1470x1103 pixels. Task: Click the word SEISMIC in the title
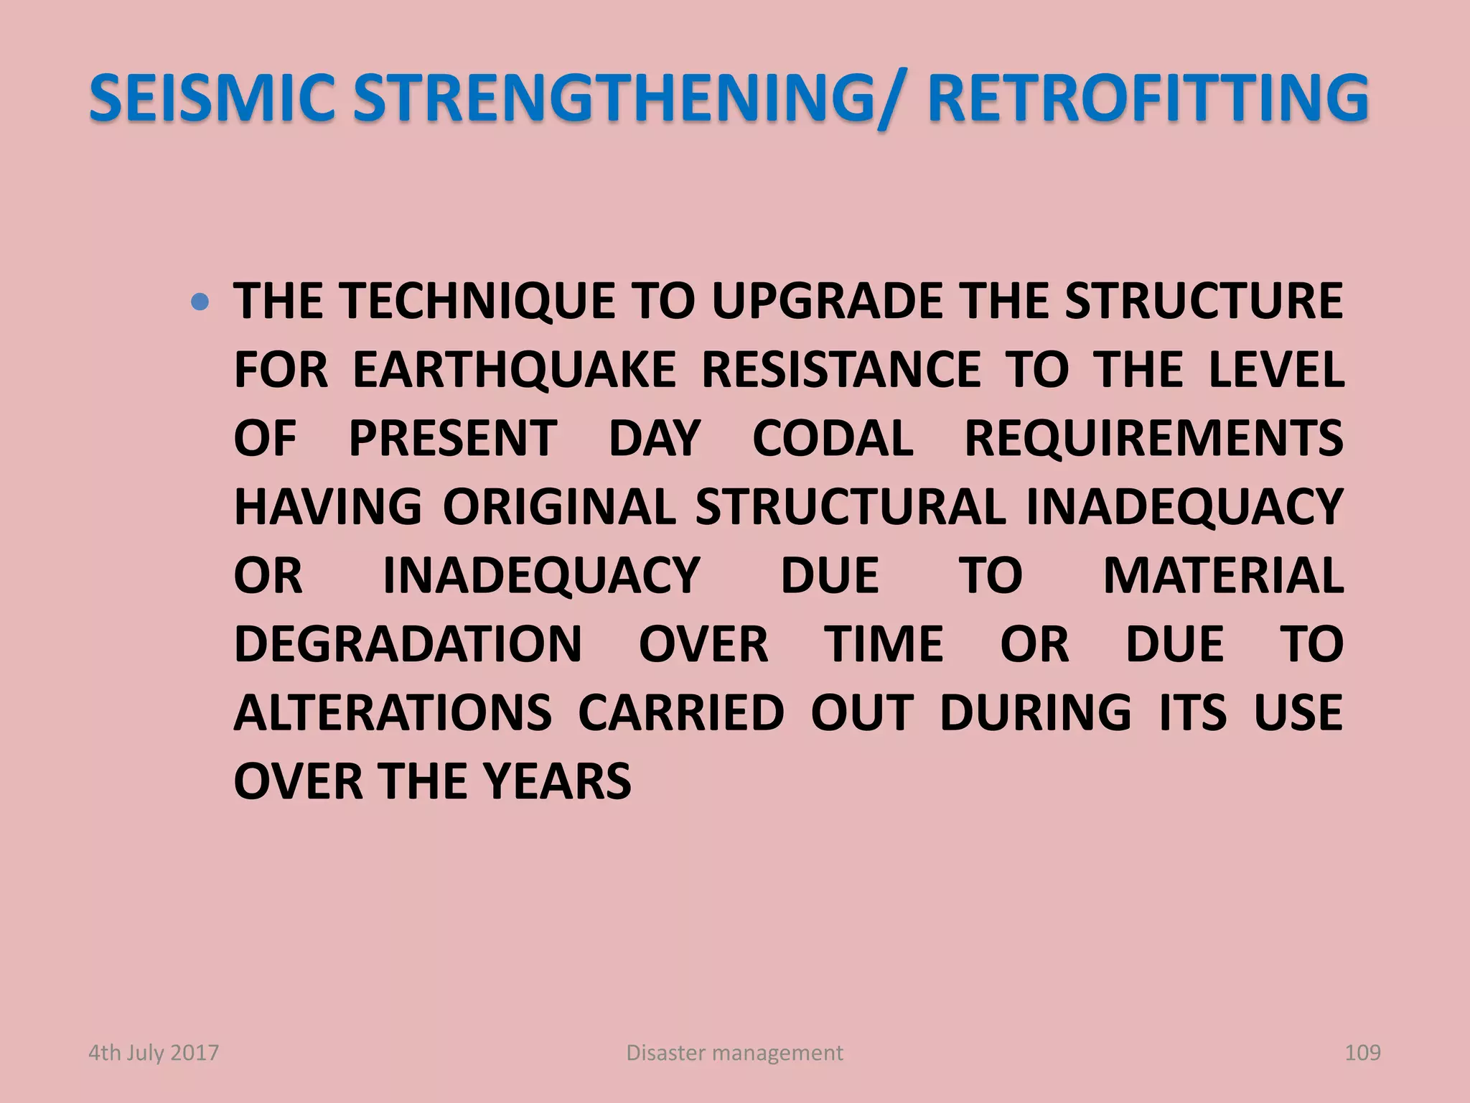click(x=212, y=98)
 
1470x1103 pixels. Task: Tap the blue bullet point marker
click(x=201, y=302)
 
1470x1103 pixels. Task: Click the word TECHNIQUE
click(x=478, y=302)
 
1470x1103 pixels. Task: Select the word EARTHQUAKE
click(x=514, y=370)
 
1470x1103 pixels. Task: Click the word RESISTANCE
click(x=841, y=370)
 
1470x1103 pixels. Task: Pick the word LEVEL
click(x=1276, y=370)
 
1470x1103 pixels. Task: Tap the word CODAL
click(x=833, y=438)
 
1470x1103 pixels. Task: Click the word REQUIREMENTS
click(x=1153, y=438)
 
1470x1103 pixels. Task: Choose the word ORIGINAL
click(x=559, y=507)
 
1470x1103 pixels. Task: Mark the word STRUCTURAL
click(x=850, y=507)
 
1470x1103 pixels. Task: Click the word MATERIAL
click(x=1223, y=575)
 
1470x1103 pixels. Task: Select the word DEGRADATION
click(x=408, y=644)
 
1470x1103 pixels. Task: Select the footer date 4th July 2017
click(x=153, y=1053)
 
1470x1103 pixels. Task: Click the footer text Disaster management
click(x=734, y=1053)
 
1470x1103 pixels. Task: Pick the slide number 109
click(x=1362, y=1053)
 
